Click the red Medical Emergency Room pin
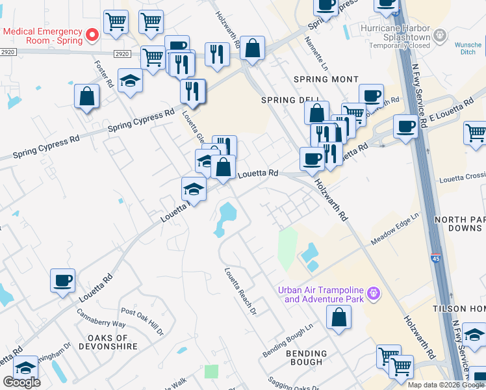(x=92, y=34)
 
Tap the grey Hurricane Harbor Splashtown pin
(x=441, y=34)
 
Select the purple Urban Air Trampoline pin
(x=373, y=294)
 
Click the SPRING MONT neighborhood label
(x=326, y=79)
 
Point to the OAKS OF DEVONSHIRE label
(x=112, y=342)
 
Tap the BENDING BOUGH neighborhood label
(x=306, y=358)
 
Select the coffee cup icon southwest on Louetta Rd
(x=63, y=281)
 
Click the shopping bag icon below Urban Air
(x=339, y=318)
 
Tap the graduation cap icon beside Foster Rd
(x=131, y=81)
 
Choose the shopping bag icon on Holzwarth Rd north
(x=252, y=48)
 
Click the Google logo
(x=21, y=382)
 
